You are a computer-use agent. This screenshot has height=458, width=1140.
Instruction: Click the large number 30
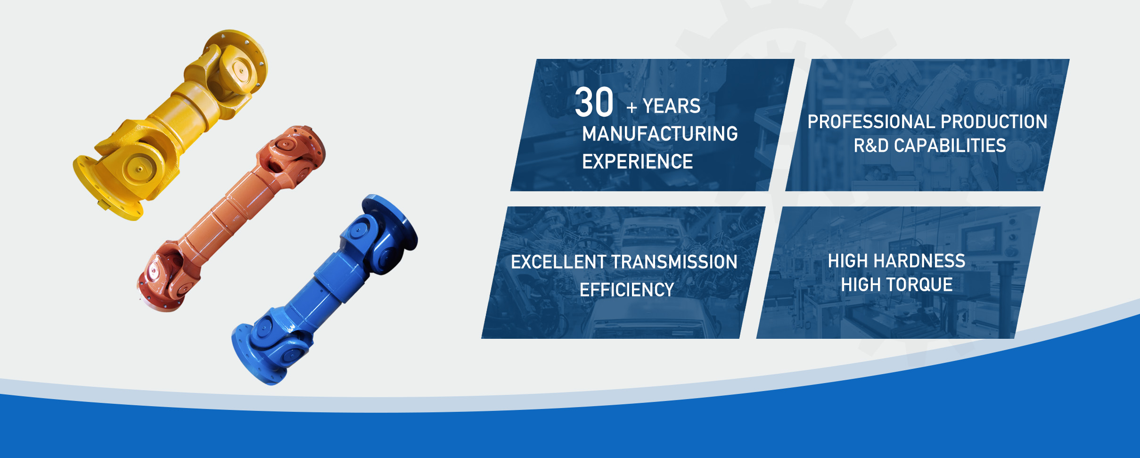pos(594,102)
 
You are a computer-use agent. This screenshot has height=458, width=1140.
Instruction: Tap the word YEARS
pos(672,106)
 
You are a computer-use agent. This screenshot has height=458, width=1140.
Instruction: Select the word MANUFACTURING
pos(660,134)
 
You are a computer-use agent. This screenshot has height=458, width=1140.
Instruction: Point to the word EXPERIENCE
pos(637,162)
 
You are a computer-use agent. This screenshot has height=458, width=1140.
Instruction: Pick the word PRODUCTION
pos(994,122)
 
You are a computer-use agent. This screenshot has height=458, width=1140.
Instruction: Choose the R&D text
pos(871,146)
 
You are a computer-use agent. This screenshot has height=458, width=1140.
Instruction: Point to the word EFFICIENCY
pos(627,290)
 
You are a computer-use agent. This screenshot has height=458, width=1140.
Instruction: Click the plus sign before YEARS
pos(632,108)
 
